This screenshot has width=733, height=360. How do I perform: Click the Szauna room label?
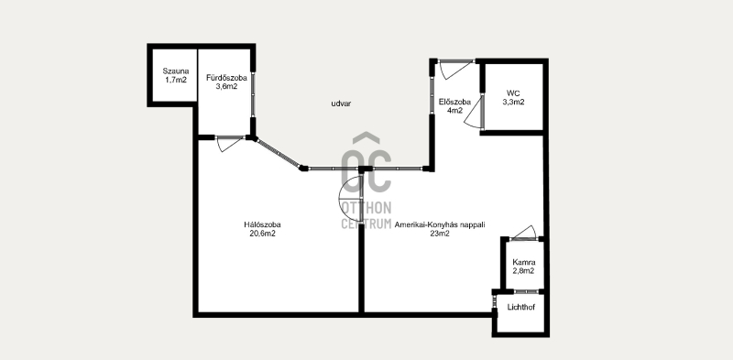pyautogui.click(x=176, y=71)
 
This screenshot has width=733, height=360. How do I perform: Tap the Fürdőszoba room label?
pyautogui.click(x=226, y=78)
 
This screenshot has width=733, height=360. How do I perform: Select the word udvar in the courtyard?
pyautogui.click(x=341, y=104)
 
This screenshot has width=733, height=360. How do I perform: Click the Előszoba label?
pyautogui.click(x=454, y=102)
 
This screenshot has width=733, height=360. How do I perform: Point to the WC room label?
pyautogui.click(x=513, y=93)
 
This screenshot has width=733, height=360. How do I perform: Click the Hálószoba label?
pyautogui.click(x=262, y=224)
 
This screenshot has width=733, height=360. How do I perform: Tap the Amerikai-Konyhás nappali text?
pyautogui.click(x=440, y=224)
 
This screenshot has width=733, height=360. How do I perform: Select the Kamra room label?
pyautogui.click(x=523, y=262)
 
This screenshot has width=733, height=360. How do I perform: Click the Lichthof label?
pyautogui.click(x=521, y=307)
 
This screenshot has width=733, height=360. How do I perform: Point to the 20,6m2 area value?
pyautogui.click(x=262, y=234)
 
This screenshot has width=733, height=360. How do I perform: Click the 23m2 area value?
pyautogui.click(x=440, y=235)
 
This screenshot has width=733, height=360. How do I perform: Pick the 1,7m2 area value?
pyautogui.click(x=176, y=80)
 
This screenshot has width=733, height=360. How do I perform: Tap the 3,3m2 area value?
pyautogui.click(x=513, y=102)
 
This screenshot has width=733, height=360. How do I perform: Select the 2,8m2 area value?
pyautogui.click(x=523, y=271)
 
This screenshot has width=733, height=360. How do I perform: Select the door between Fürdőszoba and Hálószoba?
pyautogui.click(x=230, y=144)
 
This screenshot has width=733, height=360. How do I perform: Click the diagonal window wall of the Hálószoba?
pyautogui.click(x=279, y=152)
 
